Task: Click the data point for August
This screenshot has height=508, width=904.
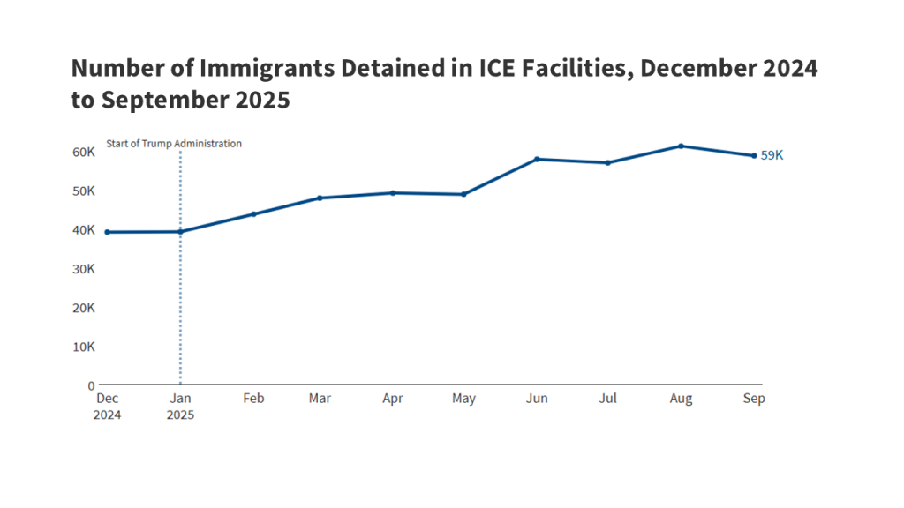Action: coord(681,146)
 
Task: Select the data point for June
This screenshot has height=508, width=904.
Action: coord(537,159)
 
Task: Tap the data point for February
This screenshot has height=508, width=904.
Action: coord(253,213)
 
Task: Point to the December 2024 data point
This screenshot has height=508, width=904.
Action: coord(108,232)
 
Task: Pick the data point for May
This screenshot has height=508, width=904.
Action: coord(463,194)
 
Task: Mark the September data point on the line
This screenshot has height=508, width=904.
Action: coord(754,156)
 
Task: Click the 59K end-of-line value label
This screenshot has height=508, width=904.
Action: coord(772,155)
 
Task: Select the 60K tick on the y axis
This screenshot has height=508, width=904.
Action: coord(84,152)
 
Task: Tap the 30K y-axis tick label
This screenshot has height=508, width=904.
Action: coord(84,269)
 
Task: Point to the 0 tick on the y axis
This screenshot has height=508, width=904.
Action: coord(90,385)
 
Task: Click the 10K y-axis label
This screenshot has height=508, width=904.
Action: coord(84,347)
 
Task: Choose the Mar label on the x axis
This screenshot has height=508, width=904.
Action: coord(320,399)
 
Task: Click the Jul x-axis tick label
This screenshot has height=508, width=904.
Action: coord(607,399)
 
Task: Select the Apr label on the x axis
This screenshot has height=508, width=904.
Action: coord(393,399)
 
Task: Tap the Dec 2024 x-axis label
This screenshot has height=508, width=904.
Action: coord(108,407)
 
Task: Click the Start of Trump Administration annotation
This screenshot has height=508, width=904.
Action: coord(174,144)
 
